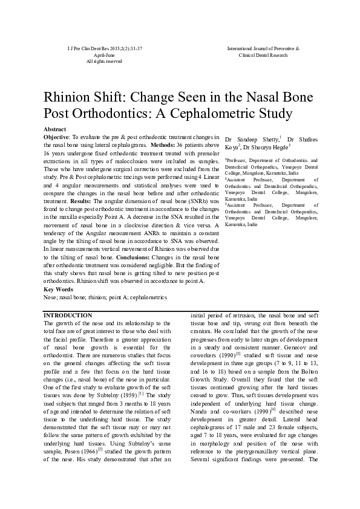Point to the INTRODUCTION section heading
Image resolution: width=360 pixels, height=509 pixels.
coord(68,316)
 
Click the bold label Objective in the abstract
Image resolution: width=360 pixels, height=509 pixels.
coord(57,138)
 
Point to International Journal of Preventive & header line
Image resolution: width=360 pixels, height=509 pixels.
coord(263,48)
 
